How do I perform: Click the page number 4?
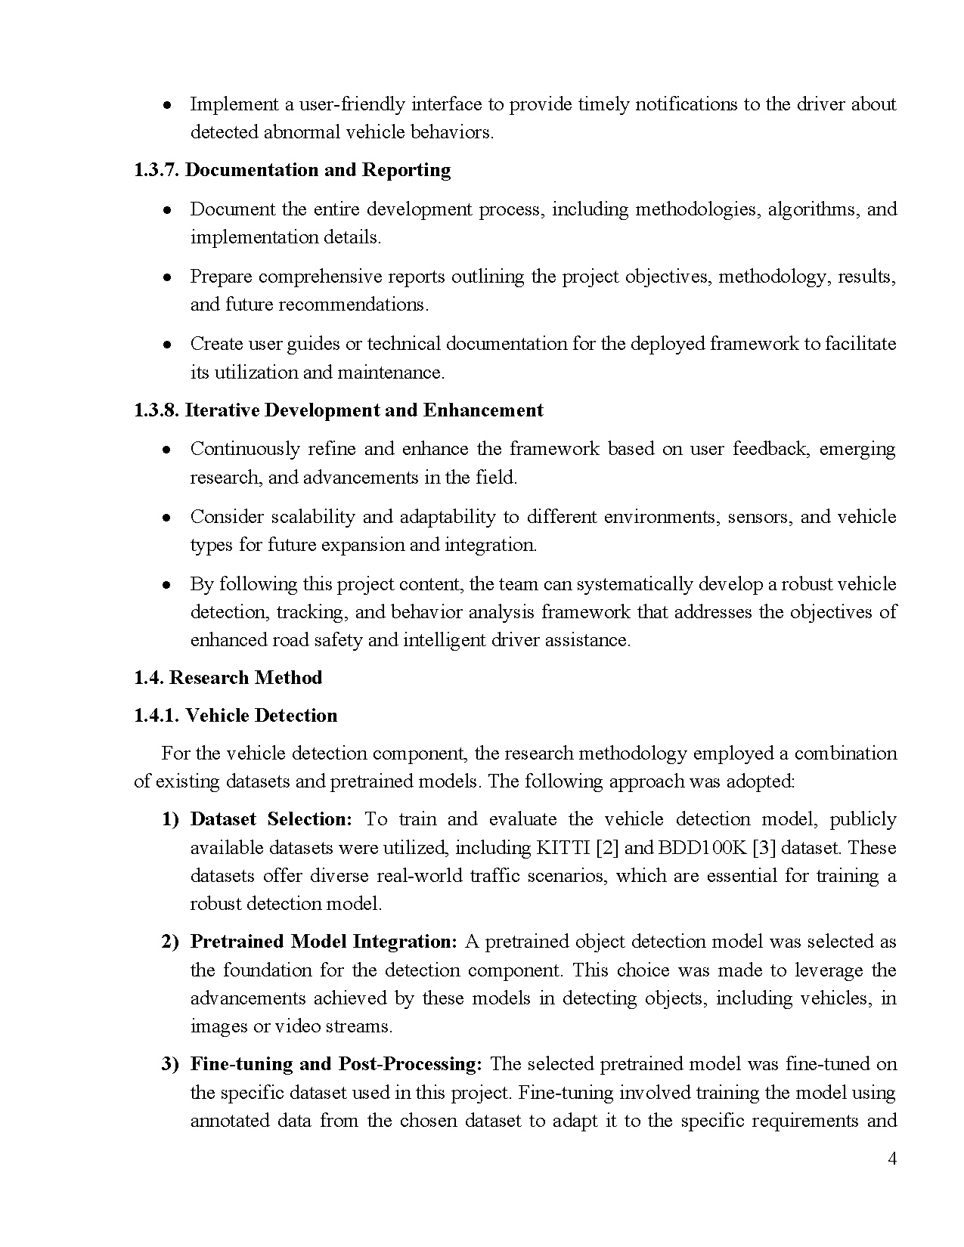point(892,1159)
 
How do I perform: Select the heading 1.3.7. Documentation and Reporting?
point(292,170)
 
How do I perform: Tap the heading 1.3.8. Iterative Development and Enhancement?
point(338,410)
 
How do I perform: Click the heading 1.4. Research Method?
point(228,677)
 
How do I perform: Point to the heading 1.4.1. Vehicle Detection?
point(235,715)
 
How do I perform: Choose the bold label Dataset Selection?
point(271,819)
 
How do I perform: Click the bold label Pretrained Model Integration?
point(324,942)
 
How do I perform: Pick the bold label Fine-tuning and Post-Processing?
point(336,1064)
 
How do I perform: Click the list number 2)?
point(170,942)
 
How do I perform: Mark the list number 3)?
point(170,1064)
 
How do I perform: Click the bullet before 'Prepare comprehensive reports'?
point(168,277)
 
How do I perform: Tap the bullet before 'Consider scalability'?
point(168,518)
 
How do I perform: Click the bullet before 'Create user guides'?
point(168,345)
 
